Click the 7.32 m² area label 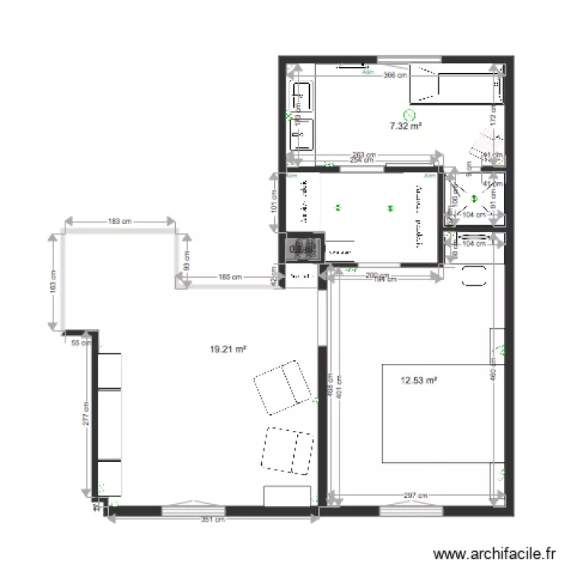pyautogui.click(x=406, y=127)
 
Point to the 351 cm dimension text pyautogui.click(x=214, y=521)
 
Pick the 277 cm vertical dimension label pyautogui.click(x=88, y=414)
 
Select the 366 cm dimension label pyautogui.click(x=394, y=75)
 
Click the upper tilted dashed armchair pyautogui.click(x=280, y=388)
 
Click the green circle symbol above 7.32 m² pyautogui.click(x=410, y=114)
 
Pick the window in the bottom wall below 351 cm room pyautogui.click(x=191, y=504)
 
